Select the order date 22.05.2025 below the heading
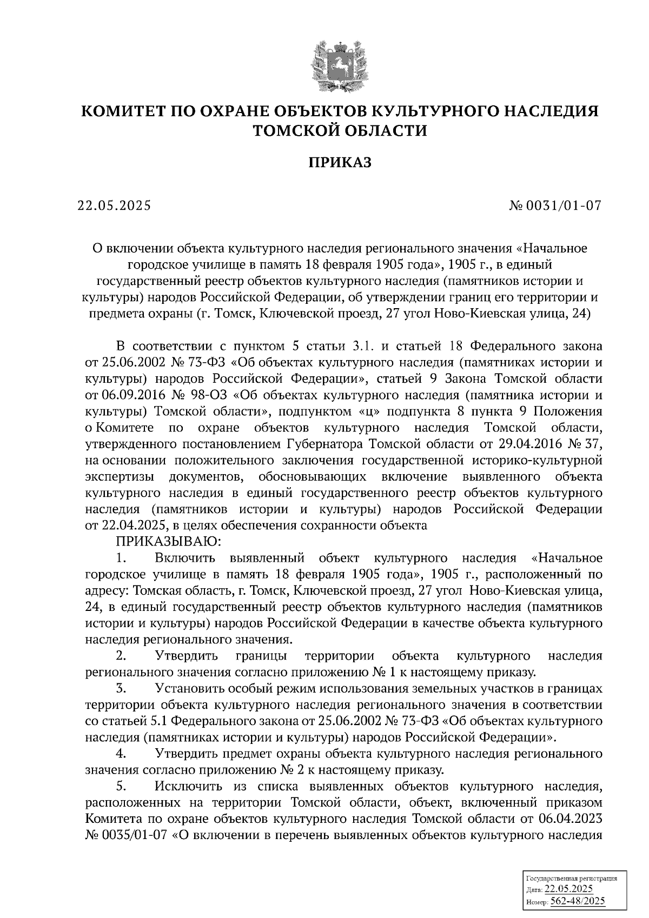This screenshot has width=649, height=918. (114, 205)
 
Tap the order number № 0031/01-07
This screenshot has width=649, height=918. (555, 205)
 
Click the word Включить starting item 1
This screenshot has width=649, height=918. (186, 557)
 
